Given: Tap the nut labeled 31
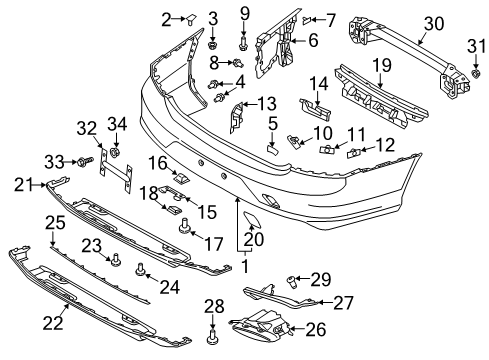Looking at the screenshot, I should coord(477,74).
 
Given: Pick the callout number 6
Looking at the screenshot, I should coord(312,41).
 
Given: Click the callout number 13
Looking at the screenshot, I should coord(266,104).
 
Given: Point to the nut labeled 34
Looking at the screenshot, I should coord(117,155).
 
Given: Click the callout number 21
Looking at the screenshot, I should coord(22,183).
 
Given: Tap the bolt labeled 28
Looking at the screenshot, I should coord(212,341).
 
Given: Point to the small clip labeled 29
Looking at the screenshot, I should coord(292,279).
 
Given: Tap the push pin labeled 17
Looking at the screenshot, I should coord(184,227).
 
